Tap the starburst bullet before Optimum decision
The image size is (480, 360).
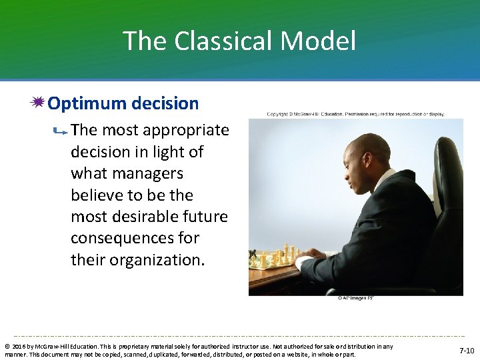38,103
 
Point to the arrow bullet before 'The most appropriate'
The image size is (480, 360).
59,133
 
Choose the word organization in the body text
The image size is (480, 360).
157,260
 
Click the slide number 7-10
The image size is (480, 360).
467,350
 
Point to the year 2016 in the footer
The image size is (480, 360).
19,346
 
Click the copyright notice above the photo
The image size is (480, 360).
355,114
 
